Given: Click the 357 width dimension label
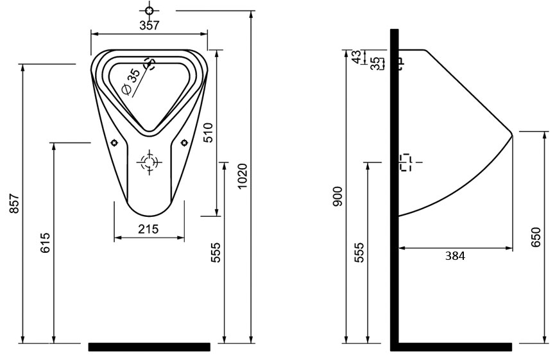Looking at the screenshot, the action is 149,26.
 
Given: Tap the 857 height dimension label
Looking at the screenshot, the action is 14,203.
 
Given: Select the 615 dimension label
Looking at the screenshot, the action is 46,243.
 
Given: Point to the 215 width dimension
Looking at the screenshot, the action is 148,229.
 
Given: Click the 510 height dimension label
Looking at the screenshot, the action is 208,132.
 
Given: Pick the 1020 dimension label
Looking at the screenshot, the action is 242,176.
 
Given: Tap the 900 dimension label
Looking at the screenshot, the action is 338,196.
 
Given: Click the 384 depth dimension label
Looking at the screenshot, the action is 455,255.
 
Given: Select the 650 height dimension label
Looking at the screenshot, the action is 536,237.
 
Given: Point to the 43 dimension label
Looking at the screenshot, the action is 357,56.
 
